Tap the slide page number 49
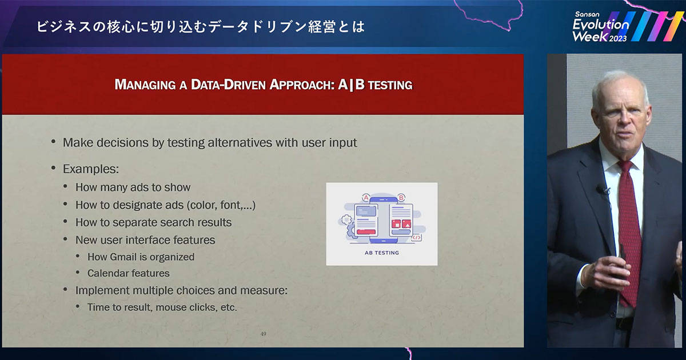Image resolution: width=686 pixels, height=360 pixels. [x=263, y=334]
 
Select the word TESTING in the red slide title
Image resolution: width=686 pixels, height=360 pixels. [x=390, y=85]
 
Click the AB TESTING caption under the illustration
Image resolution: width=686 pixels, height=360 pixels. [x=382, y=253]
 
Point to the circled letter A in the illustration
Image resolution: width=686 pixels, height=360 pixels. [x=366, y=198]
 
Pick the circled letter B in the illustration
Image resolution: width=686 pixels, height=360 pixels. [x=401, y=198]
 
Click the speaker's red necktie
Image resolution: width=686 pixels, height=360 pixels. [x=629, y=233]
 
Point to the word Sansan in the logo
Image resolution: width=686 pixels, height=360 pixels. [x=587, y=14]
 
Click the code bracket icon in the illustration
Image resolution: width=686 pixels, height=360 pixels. [x=416, y=238]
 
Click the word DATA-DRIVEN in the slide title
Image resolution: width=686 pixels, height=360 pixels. [x=228, y=85]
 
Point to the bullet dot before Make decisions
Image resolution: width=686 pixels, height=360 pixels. [x=54, y=142]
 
